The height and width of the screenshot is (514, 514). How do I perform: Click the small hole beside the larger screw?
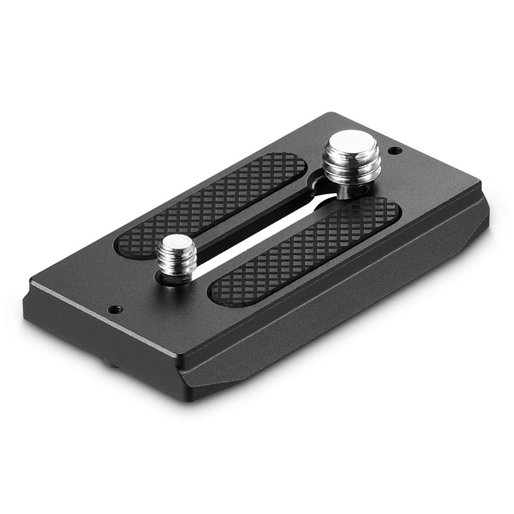pos(394,151)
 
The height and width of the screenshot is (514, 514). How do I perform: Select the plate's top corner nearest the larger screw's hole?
pos(481,181)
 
